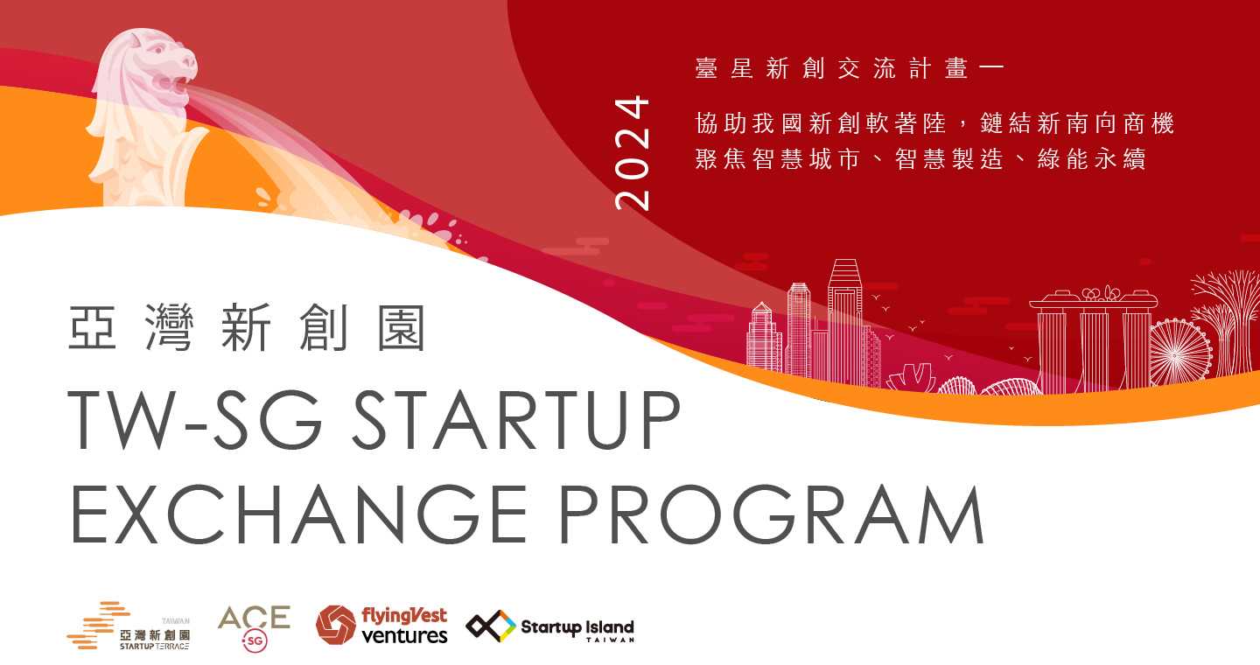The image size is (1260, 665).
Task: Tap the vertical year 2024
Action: click(633, 153)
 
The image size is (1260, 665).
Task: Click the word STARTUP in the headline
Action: click(516, 420)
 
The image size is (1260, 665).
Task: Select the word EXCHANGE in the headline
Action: click(299, 514)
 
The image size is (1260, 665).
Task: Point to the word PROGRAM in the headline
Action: click(772, 514)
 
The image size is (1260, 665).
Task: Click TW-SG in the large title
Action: click(195, 420)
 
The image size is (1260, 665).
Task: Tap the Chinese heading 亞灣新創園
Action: click(247, 327)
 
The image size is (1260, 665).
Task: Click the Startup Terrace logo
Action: click(129, 626)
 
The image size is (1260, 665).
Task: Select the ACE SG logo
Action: click(255, 628)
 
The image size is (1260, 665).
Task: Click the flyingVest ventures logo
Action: click(381, 625)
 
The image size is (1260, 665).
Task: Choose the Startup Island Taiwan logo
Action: click(550, 626)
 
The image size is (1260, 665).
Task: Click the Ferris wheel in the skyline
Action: click(1179, 352)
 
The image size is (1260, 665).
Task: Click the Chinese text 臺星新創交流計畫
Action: click(832, 68)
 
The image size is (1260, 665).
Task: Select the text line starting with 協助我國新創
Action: click(934, 123)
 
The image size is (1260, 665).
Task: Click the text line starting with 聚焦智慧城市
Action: click(920, 158)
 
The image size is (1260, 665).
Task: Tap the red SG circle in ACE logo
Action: click(255, 640)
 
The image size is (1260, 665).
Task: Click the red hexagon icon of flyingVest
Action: click(336, 625)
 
